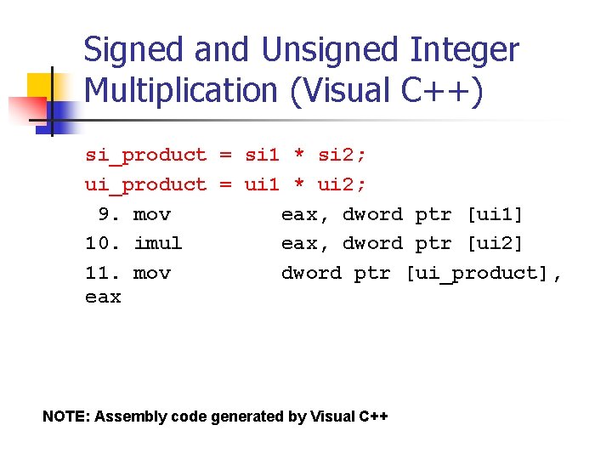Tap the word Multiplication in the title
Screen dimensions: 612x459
(182, 91)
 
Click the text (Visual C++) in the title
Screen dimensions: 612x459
(386, 91)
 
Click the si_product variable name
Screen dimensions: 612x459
(145, 155)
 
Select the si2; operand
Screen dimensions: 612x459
(342, 155)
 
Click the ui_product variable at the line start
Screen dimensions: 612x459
(145, 184)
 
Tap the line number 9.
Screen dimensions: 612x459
(109, 214)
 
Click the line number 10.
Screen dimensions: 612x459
(103, 243)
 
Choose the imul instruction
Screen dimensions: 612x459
(158, 243)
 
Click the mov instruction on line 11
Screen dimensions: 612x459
(152, 273)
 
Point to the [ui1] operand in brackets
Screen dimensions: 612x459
(495, 214)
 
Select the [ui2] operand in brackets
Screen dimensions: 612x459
(495, 243)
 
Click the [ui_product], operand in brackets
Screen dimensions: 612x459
(482, 273)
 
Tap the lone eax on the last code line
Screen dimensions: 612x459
(103, 297)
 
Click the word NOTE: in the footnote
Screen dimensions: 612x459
(66, 416)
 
